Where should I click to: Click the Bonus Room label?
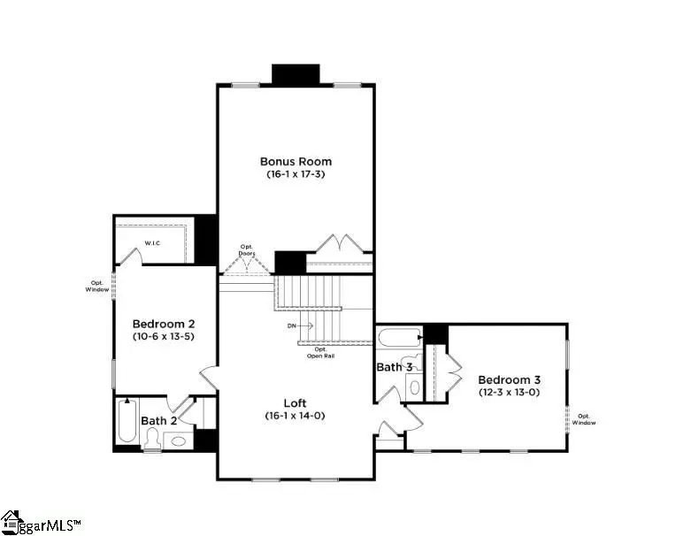[296, 161]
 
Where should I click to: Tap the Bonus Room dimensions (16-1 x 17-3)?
[296, 175]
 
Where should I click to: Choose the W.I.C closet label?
[152, 242]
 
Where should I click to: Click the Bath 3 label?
[395, 366]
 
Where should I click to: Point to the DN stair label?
[292, 326]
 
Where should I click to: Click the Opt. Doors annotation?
[247, 250]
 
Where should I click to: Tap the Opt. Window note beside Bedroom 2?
[96, 287]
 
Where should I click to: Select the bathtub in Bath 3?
[399, 339]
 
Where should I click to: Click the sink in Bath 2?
[180, 440]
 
